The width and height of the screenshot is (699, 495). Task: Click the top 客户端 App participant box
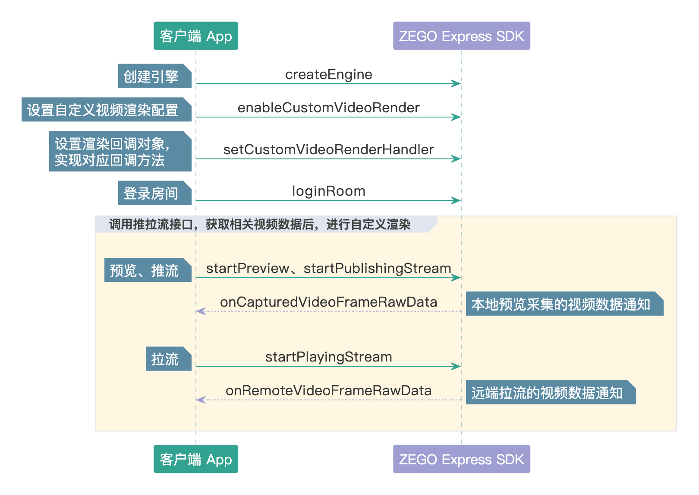point(195,36)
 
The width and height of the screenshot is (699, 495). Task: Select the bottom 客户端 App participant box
point(195,459)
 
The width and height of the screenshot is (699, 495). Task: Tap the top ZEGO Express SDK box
point(461,36)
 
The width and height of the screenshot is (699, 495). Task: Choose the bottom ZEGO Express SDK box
point(461,459)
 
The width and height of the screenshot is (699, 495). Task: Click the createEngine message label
point(328,75)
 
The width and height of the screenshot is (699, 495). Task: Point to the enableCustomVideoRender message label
point(328,108)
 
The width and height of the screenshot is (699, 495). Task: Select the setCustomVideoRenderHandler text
point(328,149)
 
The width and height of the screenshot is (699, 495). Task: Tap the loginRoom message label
point(328,191)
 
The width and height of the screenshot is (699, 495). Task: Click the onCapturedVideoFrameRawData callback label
point(328,302)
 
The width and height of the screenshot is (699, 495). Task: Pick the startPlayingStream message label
point(328,357)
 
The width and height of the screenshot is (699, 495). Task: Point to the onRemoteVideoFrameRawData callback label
point(328,390)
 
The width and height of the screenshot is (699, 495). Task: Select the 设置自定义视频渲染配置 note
point(106,110)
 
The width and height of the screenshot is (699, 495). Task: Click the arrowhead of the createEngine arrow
point(457,83)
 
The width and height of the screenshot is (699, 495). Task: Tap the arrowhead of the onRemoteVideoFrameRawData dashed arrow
point(201,400)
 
